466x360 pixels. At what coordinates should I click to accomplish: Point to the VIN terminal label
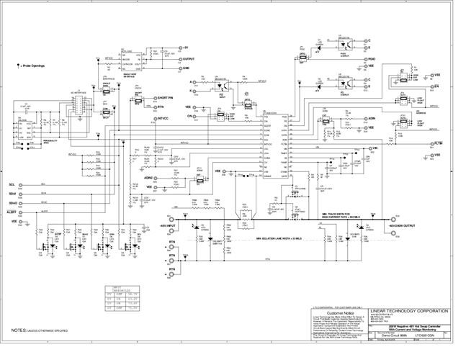(373, 148)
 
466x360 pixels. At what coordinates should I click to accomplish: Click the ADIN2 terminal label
(150, 176)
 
